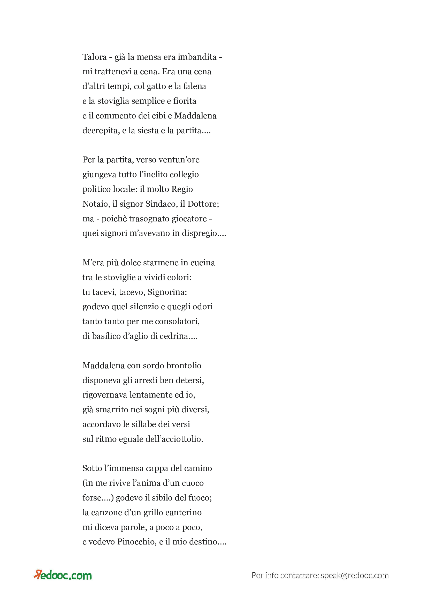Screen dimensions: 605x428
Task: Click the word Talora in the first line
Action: coord(95,57)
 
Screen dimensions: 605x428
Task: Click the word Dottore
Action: coord(203,204)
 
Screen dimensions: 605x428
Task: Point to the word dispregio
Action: coord(203,233)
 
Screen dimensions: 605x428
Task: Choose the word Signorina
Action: coord(167,292)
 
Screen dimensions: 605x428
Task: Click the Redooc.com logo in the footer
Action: coord(63,575)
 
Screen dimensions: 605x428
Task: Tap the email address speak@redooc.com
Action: coord(355,576)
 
